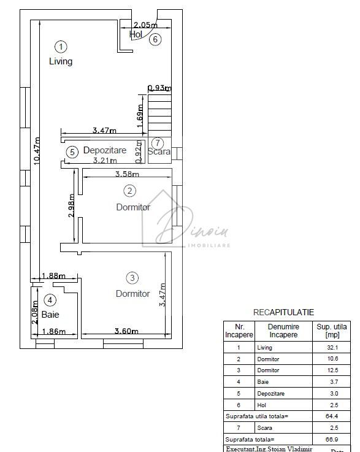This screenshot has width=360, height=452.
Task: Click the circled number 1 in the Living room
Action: click(60, 46)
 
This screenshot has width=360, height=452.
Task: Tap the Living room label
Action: click(61, 61)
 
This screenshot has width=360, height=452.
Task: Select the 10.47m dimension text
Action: click(37, 151)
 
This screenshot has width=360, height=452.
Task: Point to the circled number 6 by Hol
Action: click(155, 39)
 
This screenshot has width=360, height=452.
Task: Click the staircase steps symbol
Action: click(160, 110)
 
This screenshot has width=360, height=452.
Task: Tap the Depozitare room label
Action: click(105, 150)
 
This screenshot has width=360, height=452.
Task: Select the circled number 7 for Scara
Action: click(157, 143)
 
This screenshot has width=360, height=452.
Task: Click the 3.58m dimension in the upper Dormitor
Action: click(127, 174)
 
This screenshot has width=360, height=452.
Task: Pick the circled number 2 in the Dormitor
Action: click(129, 191)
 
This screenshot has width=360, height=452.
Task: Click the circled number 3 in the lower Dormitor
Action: click(132, 278)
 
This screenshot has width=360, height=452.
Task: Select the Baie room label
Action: click(50, 315)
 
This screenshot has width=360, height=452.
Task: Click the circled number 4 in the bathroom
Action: click(50, 300)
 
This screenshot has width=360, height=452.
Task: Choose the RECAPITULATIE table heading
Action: click(283, 312)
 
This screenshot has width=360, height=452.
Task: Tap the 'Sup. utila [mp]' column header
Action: click(331, 331)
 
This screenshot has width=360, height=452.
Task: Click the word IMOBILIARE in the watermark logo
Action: click(208, 245)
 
